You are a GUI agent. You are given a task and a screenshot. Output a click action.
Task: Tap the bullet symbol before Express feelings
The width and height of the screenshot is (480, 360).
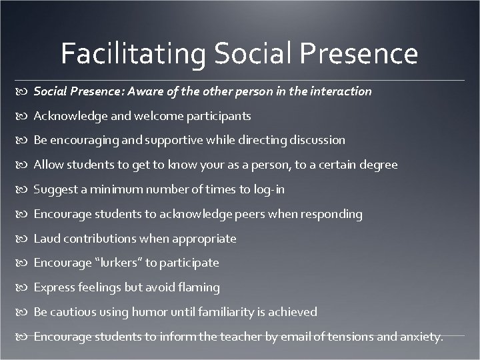25,288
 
